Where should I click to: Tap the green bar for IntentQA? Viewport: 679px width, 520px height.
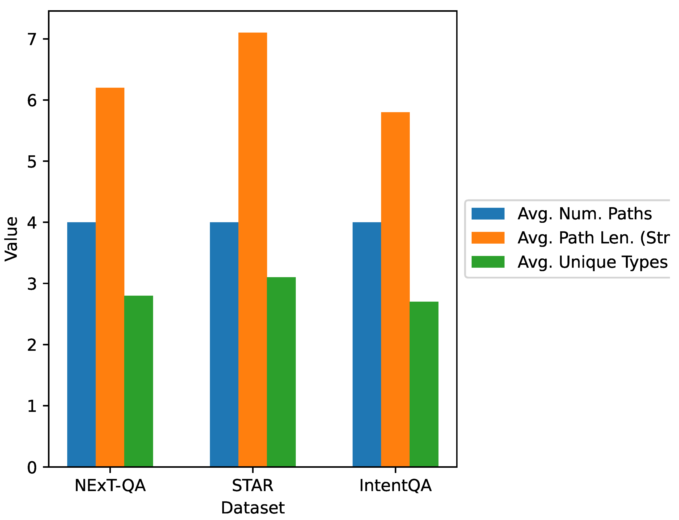pos(424,384)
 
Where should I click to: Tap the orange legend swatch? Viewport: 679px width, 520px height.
pos(488,238)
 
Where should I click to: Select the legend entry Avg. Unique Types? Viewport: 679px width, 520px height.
pos(592,262)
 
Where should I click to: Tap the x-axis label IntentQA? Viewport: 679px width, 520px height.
pos(395,485)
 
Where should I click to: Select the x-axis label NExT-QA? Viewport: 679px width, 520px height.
pos(110,485)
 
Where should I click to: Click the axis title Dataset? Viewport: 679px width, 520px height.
pos(253,508)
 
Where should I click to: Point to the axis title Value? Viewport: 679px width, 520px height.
pos(11,239)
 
